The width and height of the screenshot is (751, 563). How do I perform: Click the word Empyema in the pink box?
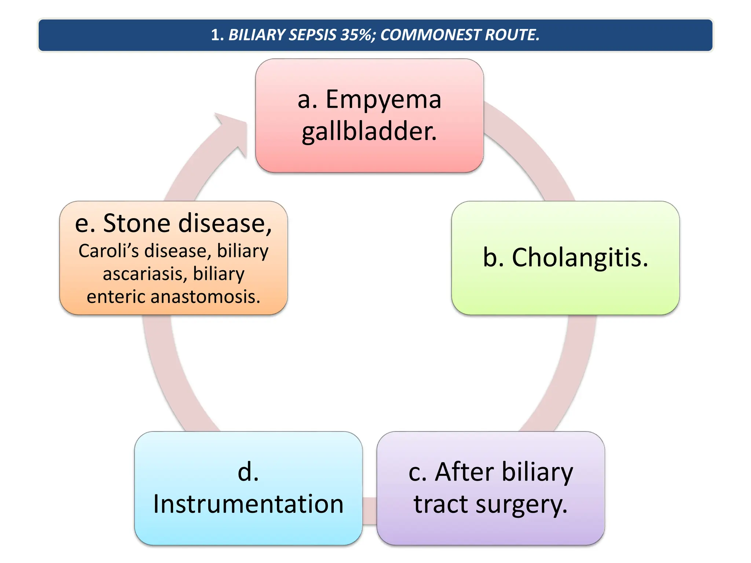click(x=383, y=100)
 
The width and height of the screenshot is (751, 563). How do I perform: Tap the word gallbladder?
click(x=369, y=132)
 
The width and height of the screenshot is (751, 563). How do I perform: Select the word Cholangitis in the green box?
click(x=580, y=257)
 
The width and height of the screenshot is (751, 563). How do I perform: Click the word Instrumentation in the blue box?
click(x=248, y=504)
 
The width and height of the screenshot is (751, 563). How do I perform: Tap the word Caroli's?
click(x=108, y=251)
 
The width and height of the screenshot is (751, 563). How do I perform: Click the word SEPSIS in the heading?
click(x=313, y=35)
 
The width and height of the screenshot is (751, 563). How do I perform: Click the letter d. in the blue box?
click(x=248, y=472)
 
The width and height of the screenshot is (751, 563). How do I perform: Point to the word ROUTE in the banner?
click(x=512, y=35)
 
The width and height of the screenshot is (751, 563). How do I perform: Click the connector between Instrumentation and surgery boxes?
click(x=370, y=511)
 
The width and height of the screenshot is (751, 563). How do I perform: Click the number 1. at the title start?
click(x=217, y=35)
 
